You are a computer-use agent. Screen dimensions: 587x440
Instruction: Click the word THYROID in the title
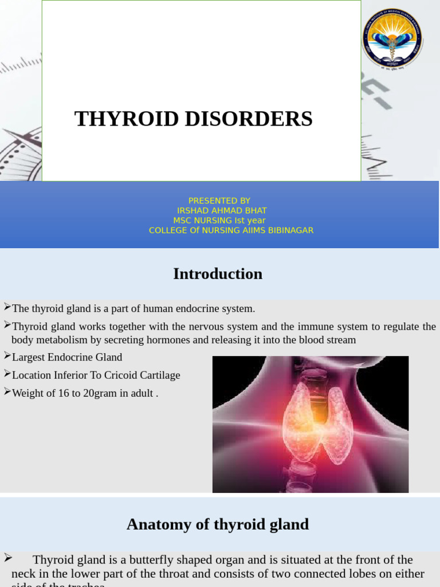(122, 119)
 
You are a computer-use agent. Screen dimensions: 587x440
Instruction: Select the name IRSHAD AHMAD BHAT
(222, 210)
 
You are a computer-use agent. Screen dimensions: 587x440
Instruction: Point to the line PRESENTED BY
(219, 201)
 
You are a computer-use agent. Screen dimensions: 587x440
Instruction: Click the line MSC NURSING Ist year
(219, 220)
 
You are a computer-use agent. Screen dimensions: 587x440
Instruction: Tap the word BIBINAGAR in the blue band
(287, 230)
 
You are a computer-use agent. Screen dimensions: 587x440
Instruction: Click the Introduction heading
(218, 274)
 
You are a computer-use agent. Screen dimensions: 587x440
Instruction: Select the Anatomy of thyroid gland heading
(218, 524)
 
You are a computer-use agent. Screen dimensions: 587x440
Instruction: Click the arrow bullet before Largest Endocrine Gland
(7, 356)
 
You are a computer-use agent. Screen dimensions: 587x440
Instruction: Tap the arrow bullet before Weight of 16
(7, 392)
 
